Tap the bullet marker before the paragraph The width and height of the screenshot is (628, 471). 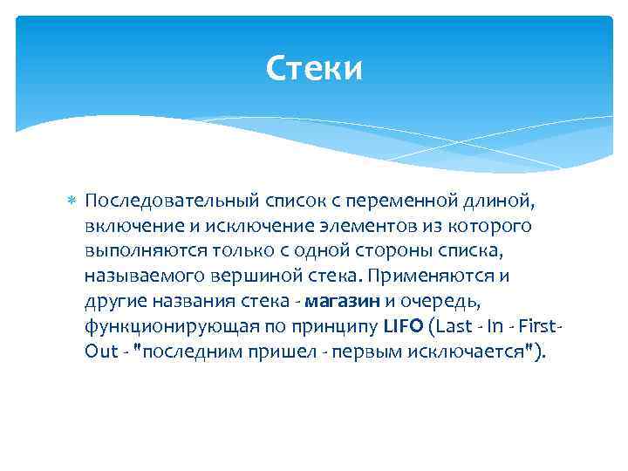(72, 202)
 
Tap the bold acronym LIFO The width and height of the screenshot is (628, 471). (401, 326)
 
